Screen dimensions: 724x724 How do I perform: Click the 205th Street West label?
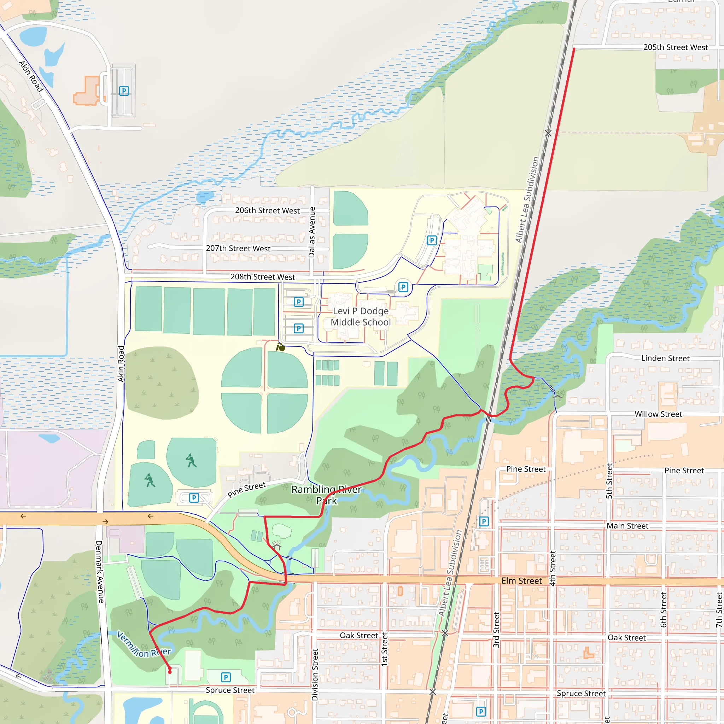pos(675,48)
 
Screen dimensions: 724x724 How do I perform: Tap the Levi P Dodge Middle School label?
pos(361,317)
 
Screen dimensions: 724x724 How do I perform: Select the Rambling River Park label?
pos(326,495)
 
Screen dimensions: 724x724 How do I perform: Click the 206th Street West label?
pos(267,211)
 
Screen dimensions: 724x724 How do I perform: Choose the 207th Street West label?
pos(238,249)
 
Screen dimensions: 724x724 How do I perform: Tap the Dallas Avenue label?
pos(312,232)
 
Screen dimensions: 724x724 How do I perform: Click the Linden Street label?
pos(665,358)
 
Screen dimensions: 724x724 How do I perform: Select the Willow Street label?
pos(658,414)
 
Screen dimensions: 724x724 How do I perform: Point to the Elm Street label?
pos(521,581)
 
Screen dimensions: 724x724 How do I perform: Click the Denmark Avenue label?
pos(99,572)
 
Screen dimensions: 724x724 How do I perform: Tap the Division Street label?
pos(315,675)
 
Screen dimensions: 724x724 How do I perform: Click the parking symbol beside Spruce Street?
pos(226,677)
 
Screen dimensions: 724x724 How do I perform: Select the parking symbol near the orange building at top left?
pos(124,91)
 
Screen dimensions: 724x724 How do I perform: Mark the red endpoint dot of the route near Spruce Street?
pos(170,672)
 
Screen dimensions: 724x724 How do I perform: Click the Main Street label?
pos(627,526)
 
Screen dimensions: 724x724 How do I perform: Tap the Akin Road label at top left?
pos(31,76)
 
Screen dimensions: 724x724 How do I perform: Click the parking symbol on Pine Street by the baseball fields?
pos(194,498)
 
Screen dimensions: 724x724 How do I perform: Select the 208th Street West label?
pos(263,277)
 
